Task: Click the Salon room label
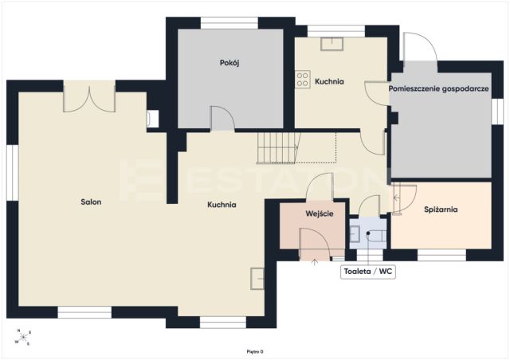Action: [x=91, y=202]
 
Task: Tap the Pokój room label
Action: [x=229, y=63]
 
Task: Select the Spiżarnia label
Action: [x=441, y=209]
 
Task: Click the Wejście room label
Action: [x=320, y=214]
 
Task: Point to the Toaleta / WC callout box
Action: [x=368, y=272]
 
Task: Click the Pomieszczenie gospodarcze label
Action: [x=439, y=88]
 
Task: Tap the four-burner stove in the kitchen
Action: [x=303, y=79]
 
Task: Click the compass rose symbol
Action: [x=23, y=337]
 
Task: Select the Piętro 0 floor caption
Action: [x=255, y=351]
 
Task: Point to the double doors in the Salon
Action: [x=89, y=96]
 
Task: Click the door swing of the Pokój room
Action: [x=223, y=119]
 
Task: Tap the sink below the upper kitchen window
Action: [x=331, y=44]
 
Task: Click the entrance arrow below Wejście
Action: [x=315, y=262]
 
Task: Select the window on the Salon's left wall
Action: [x=13, y=172]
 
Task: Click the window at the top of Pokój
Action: [x=229, y=23]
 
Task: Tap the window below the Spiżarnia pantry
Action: [x=441, y=256]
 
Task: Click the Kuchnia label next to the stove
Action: [x=329, y=81]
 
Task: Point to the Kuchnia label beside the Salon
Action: [x=222, y=205]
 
